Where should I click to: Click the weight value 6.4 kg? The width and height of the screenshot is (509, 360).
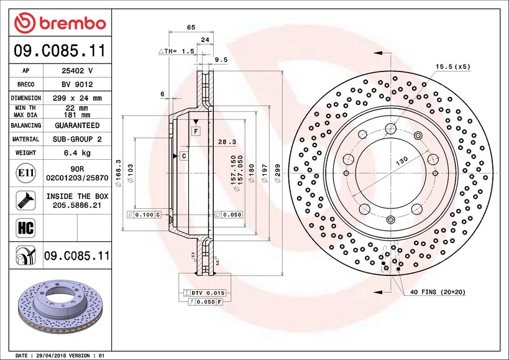(x=77, y=153)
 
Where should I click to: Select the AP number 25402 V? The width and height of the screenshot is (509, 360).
(x=77, y=71)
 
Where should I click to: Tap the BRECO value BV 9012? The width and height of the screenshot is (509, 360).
(x=77, y=85)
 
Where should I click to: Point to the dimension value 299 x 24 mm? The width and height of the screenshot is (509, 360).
(x=77, y=98)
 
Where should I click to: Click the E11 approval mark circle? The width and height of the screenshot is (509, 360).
(x=26, y=172)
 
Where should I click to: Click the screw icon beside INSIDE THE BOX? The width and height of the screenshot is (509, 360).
(x=25, y=200)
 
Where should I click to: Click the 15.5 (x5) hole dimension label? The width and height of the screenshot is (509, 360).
(x=453, y=66)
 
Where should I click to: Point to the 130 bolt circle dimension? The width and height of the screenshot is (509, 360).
(x=403, y=160)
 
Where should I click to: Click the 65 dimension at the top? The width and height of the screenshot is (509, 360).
(x=191, y=27)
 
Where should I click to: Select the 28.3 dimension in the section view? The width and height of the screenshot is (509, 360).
(x=226, y=142)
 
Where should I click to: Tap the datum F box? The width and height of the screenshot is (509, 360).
(x=195, y=131)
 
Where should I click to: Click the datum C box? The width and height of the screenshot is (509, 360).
(x=184, y=156)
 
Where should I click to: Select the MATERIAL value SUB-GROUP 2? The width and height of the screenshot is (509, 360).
(x=77, y=139)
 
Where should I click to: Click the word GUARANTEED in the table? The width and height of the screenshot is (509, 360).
(x=77, y=126)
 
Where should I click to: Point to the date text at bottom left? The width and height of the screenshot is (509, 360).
(x=59, y=355)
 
